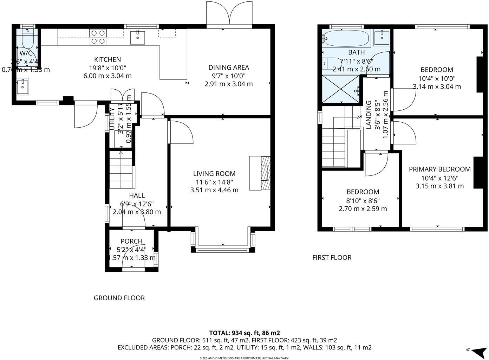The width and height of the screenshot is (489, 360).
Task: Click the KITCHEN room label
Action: pyautogui.click(x=107, y=59)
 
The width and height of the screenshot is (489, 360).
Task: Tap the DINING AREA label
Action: pyautogui.click(x=228, y=67)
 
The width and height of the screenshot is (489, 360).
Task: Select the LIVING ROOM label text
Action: pyautogui.click(x=214, y=174)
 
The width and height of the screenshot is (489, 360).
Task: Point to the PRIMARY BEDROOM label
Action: pyautogui.click(x=439, y=169)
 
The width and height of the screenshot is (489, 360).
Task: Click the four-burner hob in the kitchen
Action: pyautogui.click(x=98, y=37)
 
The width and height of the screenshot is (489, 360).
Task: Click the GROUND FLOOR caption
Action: pyautogui.click(x=119, y=298)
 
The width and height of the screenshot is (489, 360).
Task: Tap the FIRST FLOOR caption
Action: pyautogui.click(x=332, y=258)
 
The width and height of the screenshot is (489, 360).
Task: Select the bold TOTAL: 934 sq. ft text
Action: pyautogui.click(x=244, y=333)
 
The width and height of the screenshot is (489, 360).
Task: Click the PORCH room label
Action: pyautogui.click(x=131, y=241)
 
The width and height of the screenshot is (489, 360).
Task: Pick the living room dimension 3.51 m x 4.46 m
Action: pyautogui.click(x=214, y=190)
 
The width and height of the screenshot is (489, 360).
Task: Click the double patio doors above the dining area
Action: pyautogui.click(x=229, y=14)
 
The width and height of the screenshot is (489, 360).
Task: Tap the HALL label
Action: pyautogui.click(x=137, y=195)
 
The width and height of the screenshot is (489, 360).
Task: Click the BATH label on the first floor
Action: pyautogui.click(x=356, y=52)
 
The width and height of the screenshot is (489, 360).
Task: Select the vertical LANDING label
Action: pyautogui.click(x=369, y=115)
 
